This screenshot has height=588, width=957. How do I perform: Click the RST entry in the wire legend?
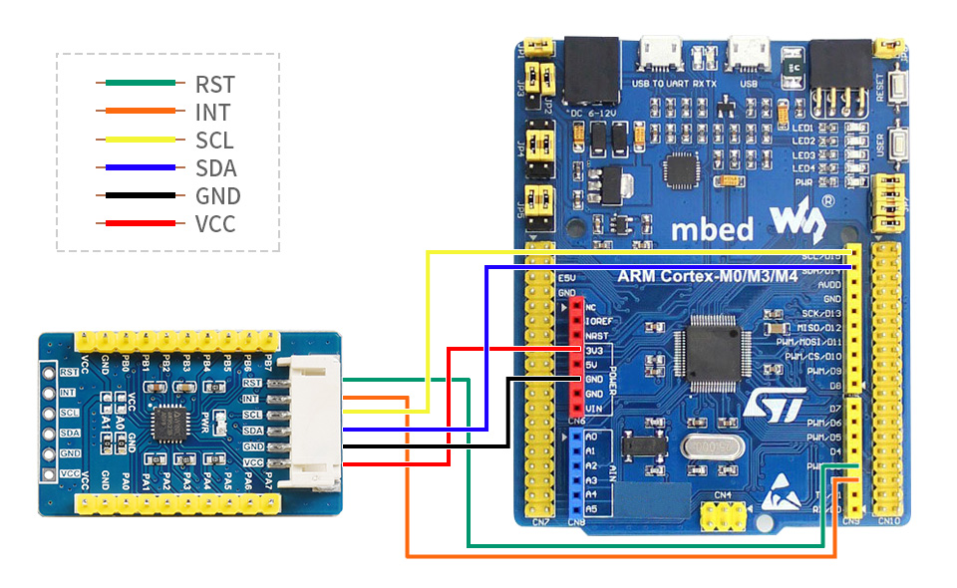coord(214,85)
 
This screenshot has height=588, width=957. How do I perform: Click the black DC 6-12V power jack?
coord(590,69)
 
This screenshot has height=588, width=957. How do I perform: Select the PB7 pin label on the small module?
coord(267,363)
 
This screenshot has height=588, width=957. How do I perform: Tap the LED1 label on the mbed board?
coord(804,128)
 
